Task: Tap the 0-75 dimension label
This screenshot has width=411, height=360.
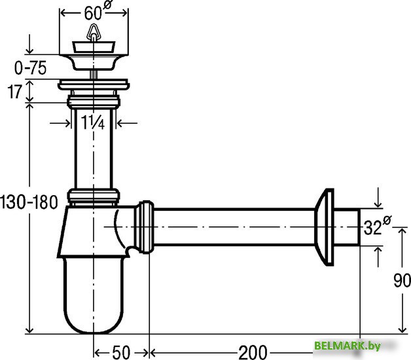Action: (x=30, y=68)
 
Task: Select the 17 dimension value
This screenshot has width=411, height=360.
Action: (x=14, y=92)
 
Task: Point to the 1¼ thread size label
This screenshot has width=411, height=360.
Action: (x=93, y=122)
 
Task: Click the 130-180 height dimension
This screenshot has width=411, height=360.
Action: (x=29, y=202)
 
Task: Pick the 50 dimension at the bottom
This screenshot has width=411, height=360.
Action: (x=121, y=352)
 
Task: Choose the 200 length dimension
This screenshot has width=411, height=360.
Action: (x=253, y=352)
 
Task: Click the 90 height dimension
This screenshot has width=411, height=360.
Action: (x=402, y=280)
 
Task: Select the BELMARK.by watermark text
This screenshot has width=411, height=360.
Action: (x=348, y=346)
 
